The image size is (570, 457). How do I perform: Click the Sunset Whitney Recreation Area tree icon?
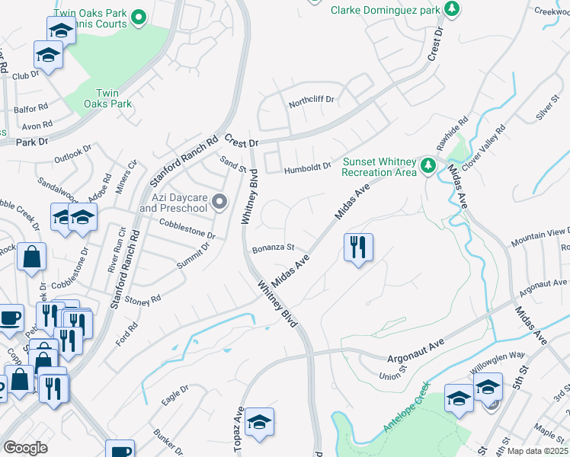tap(427, 165)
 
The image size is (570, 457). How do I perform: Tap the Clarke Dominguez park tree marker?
tap(453, 9)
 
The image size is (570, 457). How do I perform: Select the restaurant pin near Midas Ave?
tap(358, 248)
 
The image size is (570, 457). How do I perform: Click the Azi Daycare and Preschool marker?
tap(220, 202)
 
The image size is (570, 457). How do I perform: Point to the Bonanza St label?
tap(274, 248)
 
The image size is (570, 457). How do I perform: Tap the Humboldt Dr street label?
tap(308, 167)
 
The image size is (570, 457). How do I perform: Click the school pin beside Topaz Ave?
tap(259, 423)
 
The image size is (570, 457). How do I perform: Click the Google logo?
tap(25, 448)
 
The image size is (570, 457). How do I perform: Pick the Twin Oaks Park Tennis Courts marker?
tap(138, 16)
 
